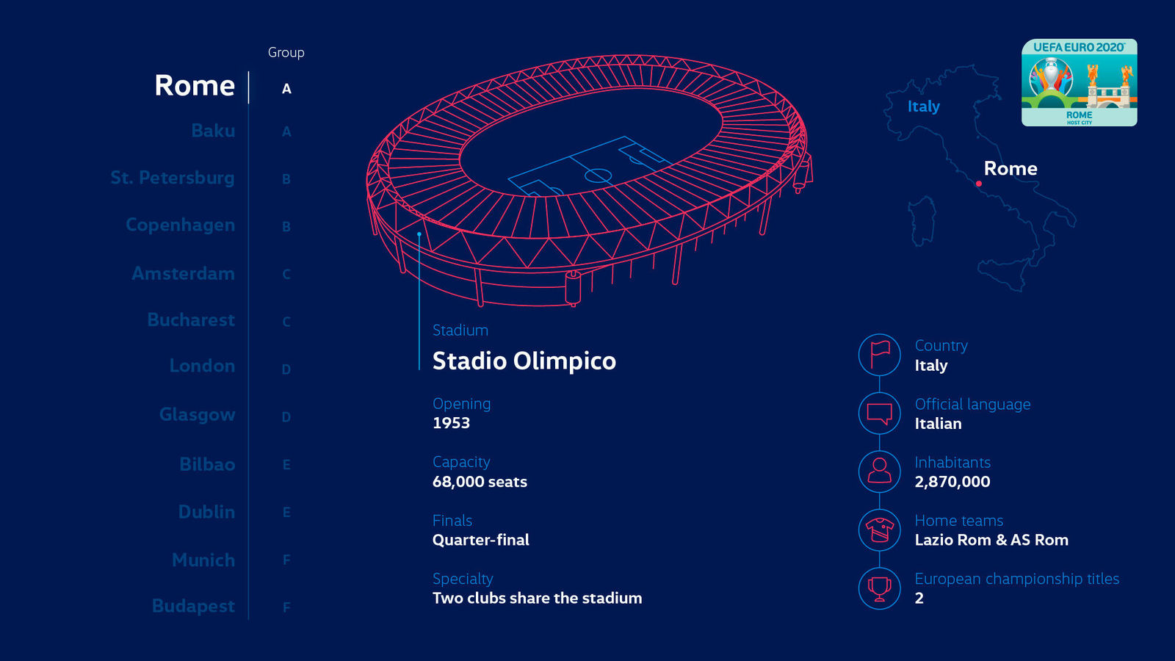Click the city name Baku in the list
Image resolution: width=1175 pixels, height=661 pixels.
point(213,131)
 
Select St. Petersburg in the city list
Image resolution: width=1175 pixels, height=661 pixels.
point(173,178)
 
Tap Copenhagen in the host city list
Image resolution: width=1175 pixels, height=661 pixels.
point(181,225)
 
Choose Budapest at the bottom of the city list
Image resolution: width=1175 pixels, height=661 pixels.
point(193,606)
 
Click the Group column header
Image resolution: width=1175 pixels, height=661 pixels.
point(286,52)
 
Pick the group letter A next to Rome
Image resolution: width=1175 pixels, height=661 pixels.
point(286,89)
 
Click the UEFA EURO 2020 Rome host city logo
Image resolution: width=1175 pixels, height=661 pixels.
point(1079,82)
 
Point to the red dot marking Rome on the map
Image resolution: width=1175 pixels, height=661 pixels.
point(979,184)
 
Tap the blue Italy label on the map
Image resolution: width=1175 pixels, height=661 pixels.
point(923,106)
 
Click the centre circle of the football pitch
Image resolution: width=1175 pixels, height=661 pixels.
point(598,176)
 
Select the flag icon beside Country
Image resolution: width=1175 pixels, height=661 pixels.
point(879,355)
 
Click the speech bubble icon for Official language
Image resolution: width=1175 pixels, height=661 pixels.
point(879,413)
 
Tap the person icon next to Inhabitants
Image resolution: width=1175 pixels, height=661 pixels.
point(879,471)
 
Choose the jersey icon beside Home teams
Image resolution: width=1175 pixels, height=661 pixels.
point(879,530)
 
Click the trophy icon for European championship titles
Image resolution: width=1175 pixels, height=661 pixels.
point(879,588)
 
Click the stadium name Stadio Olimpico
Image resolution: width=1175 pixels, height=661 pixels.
point(524,361)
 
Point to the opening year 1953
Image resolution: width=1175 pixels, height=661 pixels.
point(451,423)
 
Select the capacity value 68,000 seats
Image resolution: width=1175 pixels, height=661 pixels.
point(480,482)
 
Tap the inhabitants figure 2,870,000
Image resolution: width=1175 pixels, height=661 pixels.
point(952,482)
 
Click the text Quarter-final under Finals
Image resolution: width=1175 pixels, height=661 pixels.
point(480,540)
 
